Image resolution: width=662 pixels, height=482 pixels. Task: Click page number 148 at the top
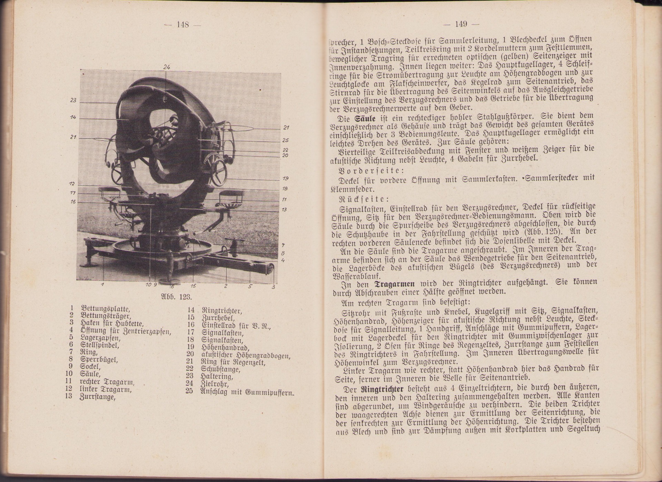tap(182, 24)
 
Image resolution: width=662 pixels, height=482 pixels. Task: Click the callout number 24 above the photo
tap(167, 67)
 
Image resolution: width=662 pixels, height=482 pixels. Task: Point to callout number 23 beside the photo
tap(73, 100)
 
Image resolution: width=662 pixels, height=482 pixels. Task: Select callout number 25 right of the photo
tap(285, 140)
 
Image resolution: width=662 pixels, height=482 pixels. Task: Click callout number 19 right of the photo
tap(285, 178)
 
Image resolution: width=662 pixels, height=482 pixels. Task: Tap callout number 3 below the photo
tap(273, 286)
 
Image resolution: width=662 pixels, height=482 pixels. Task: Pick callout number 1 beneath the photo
tap(102, 285)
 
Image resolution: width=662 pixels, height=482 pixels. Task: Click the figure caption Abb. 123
tap(176, 297)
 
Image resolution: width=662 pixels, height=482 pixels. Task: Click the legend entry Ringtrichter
tap(221, 311)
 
